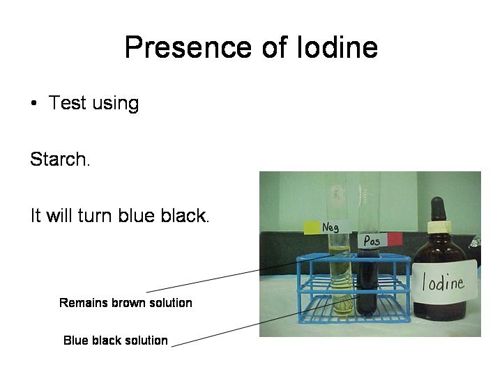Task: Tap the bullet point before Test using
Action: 33,104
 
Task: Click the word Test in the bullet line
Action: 67,104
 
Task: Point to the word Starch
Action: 59,159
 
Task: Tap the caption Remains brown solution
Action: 125,303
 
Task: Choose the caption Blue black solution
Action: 116,340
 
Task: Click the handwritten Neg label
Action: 332,227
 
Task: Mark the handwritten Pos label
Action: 372,240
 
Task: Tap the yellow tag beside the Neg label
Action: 312,227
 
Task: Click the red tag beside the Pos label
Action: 395,239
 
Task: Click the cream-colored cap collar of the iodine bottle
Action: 439,227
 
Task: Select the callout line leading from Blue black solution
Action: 265,322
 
